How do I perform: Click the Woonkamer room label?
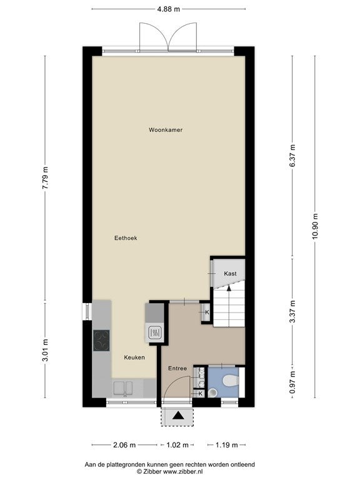pyautogui.click(x=166, y=130)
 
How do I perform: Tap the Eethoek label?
pyautogui.click(x=126, y=238)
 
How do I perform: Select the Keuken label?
pyautogui.click(x=134, y=357)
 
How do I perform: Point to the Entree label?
pyautogui.click(x=177, y=368)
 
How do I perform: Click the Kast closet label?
pyautogui.click(x=230, y=273)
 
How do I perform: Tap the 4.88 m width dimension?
pyautogui.click(x=168, y=9)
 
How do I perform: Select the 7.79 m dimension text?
pyautogui.click(x=45, y=178)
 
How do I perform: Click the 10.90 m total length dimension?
pyautogui.click(x=315, y=227)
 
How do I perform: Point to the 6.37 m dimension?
pyautogui.click(x=292, y=156)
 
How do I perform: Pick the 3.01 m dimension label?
pyautogui.click(x=45, y=350)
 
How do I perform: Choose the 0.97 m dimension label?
pyautogui.click(x=292, y=382)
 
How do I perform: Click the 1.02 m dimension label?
pyautogui.click(x=177, y=445)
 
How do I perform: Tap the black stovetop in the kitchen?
pyautogui.click(x=101, y=341)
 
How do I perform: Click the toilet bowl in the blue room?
pyautogui.click(x=231, y=381)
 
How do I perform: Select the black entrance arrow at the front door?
pyautogui.click(x=177, y=416)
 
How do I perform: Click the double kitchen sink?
pyautogui.click(x=123, y=388)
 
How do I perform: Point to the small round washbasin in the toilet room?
pyautogui.click(x=212, y=392)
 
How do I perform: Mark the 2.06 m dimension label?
pyautogui.click(x=124, y=445)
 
